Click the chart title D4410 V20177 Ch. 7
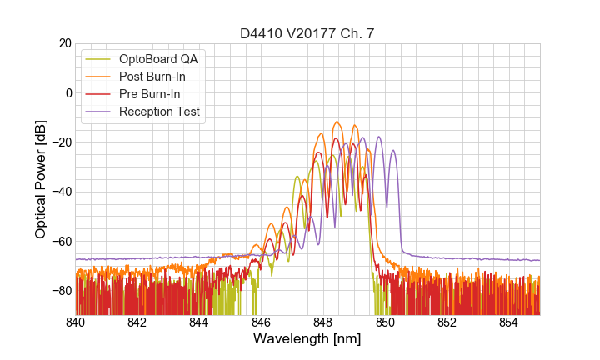pyautogui.click(x=307, y=33)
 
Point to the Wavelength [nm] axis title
pyautogui.click(x=307, y=339)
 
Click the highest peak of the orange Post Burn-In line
pyautogui.click(x=337, y=122)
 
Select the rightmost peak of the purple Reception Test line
pyautogui.click(x=393, y=150)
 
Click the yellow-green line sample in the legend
pyautogui.click(x=99, y=59)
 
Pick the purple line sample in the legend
pyautogui.click(x=99, y=112)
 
